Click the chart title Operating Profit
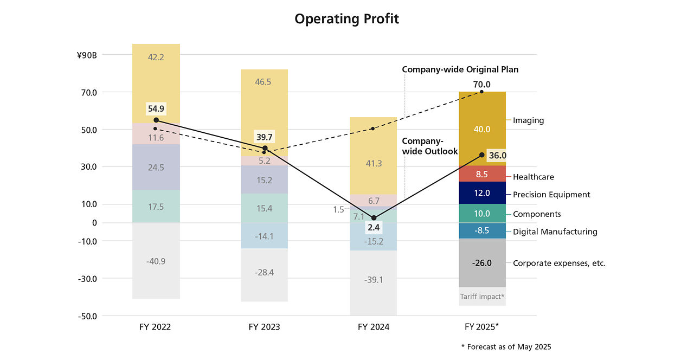[346, 19]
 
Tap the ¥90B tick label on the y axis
[87, 55]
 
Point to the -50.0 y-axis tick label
[87, 316]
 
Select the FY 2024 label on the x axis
[374, 327]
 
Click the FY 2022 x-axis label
[155, 327]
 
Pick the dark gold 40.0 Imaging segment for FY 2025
[482, 128]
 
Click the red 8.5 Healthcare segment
[482, 174]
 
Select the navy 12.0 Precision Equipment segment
[482, 192]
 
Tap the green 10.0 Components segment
[482, 213]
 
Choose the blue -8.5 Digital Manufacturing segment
[482, 231]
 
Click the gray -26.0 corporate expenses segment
[482, 263]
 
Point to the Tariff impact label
[482, 297]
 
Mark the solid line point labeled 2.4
[374, 218]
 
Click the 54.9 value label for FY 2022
[156, 109]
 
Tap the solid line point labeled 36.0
[482, 155]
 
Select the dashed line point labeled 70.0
[481, 92]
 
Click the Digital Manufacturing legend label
[555, 232]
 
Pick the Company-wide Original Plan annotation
[460, 69]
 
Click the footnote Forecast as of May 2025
[509, 346]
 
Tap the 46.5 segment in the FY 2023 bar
[263, 82]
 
